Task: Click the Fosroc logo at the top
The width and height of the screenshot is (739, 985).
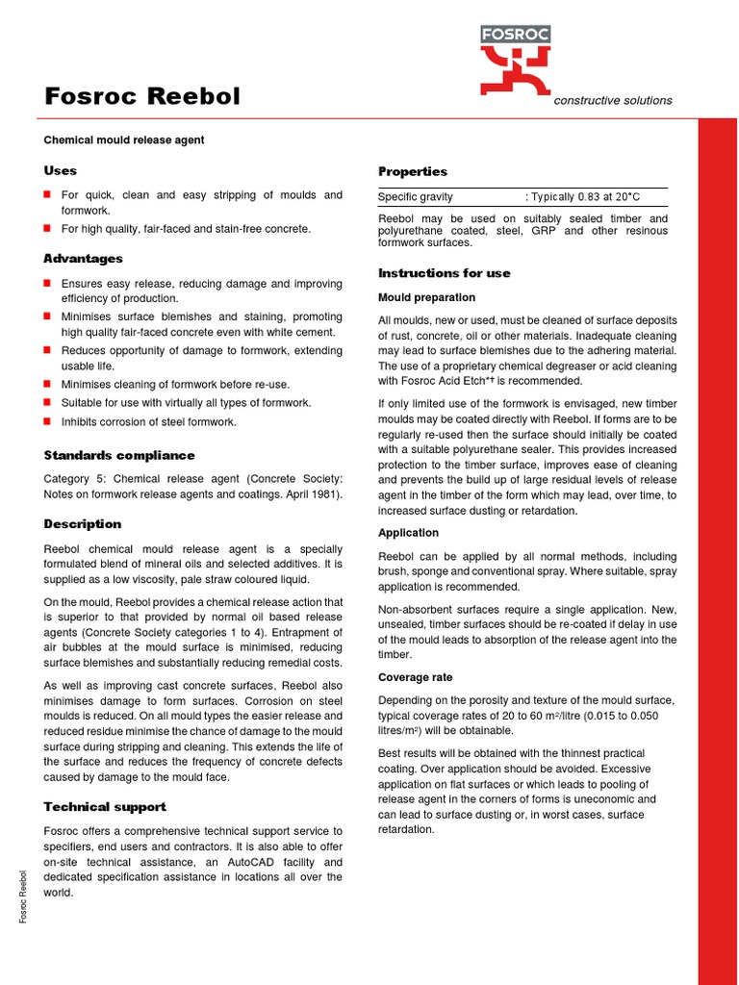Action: (515, 60)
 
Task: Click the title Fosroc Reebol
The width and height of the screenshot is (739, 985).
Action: (142, 97)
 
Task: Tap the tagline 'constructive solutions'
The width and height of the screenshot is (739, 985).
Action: (613, 101)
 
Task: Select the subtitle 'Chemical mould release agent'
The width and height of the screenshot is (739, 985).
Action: (124, 140)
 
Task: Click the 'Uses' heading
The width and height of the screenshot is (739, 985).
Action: (60, 170)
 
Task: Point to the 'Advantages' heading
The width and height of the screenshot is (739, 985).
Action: (83, 259)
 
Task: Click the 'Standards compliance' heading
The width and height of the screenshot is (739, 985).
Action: (119, 455)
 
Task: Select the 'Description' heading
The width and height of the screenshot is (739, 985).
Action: (83, 524)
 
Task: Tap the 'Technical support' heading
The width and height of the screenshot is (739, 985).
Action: (105, 807)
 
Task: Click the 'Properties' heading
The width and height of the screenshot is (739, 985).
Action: (413, 171)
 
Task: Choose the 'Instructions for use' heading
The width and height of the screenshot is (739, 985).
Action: (445, 273)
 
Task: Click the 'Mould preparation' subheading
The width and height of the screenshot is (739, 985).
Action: (426, 298)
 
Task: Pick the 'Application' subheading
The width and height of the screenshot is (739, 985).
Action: (408, 533)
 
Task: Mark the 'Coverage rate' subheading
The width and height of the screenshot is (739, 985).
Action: (415, 677)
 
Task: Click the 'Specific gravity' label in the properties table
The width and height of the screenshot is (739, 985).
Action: (416, 197)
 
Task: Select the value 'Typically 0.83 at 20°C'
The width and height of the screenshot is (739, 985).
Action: (585, 197)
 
